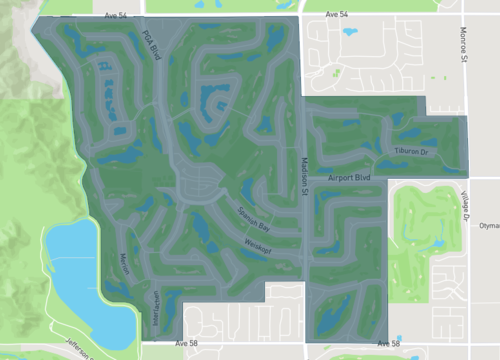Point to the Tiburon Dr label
(410, 152)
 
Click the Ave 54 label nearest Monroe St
(342, 15)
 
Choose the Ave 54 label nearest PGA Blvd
(118, 17)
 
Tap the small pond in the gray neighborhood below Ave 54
(351, 32)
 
